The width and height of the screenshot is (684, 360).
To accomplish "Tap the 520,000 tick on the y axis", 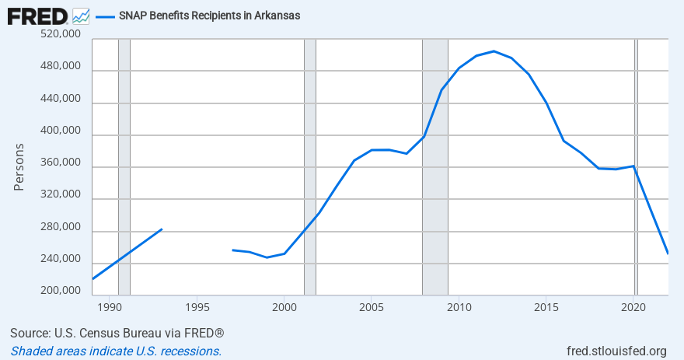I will tap(59, 35).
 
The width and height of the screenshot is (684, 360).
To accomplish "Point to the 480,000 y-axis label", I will tap(59, 67).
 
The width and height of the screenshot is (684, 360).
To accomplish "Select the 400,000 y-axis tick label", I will tap(59, 131).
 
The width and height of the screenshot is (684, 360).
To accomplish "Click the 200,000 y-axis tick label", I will tap(59, 291).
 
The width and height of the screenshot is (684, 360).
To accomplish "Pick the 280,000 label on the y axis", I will tap(59, 227).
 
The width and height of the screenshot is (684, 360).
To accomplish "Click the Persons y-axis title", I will tap(20, 166).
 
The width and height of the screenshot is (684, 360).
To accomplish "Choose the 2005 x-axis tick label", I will tap(371, 306).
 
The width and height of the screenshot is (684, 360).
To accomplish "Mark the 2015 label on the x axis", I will tap(546, 306).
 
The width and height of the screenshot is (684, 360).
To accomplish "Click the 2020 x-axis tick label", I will tap(633, 306).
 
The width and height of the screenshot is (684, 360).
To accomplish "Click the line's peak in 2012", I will tap(494, 51).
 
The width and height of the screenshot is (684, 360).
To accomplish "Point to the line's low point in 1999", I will tap(267, 257).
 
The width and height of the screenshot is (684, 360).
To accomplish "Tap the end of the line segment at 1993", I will tap(161, 229).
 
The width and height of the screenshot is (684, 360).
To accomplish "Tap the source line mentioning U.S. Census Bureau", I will tap(117, 333).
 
